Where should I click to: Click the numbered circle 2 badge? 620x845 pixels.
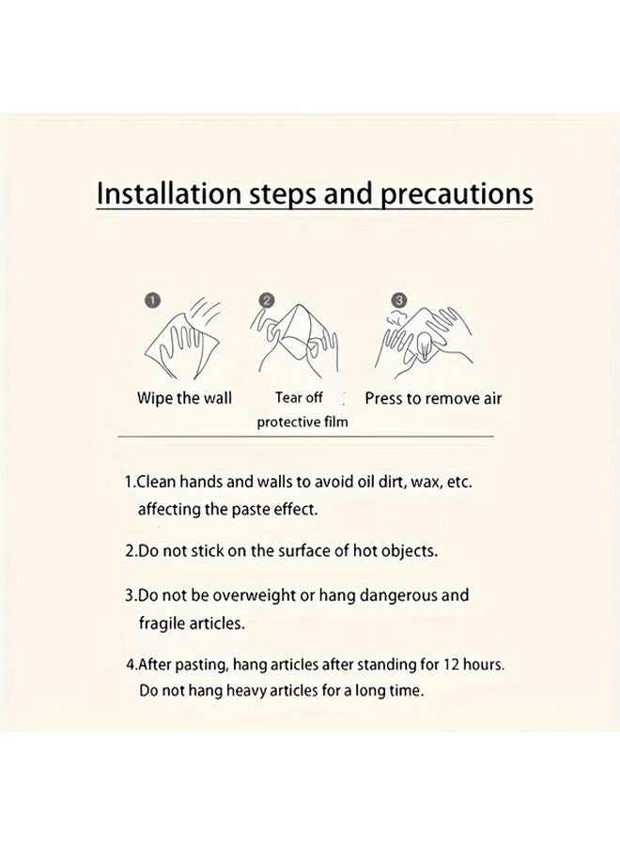pyautogui.click(x=266, y=300)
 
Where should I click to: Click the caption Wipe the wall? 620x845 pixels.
pyautogui.click(x=184, y=398)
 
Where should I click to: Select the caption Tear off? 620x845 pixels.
pyautogui.click(x=299, y=398)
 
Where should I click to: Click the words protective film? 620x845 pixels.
pyautogui.click(x=302, y=422)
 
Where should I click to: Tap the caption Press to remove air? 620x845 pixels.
pyautogui.click(x=433, y=398)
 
